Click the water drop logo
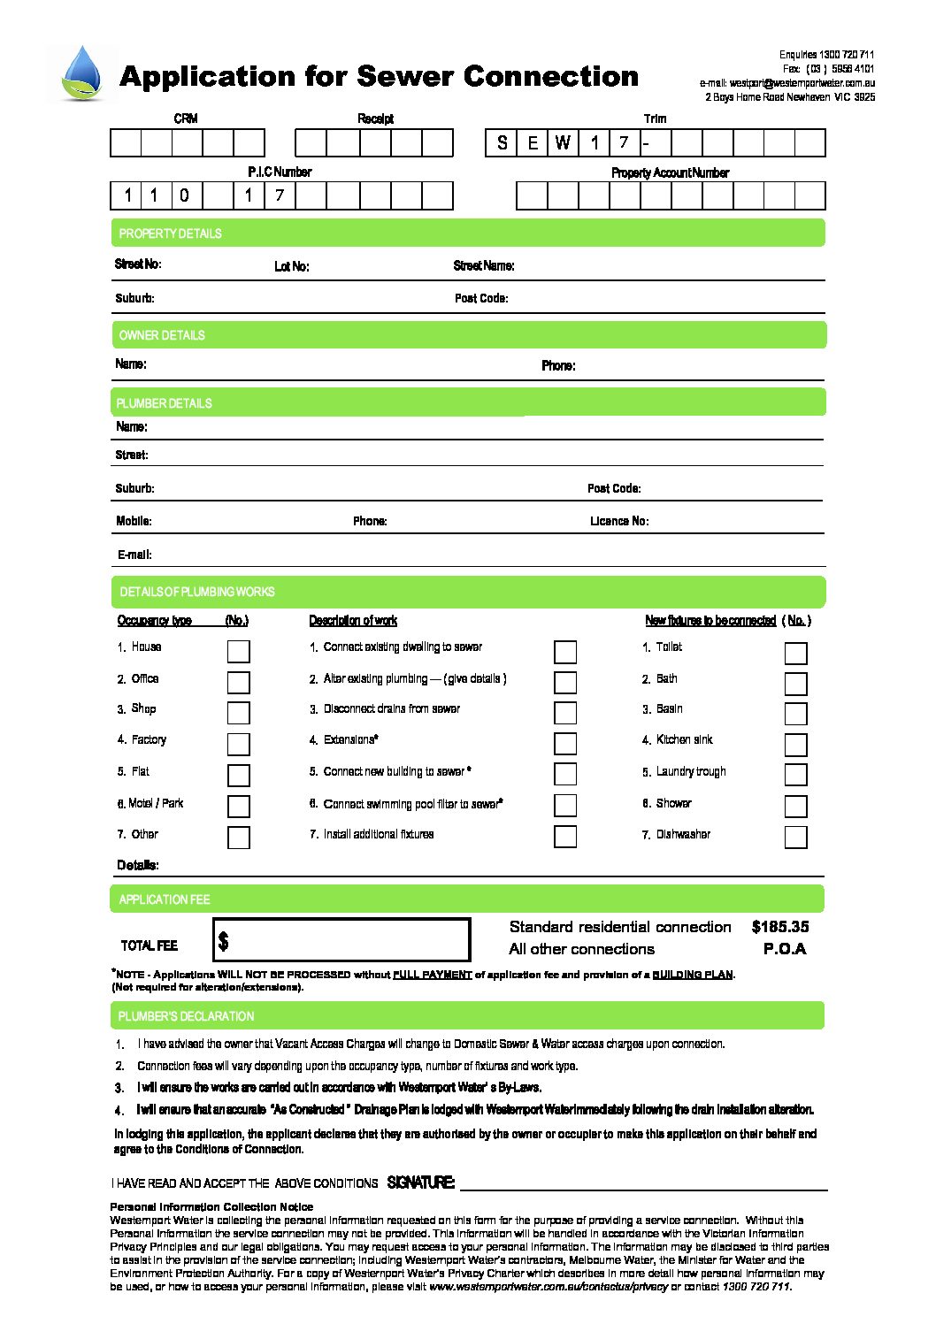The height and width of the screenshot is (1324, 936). [83, 74]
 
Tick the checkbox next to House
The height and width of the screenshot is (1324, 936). [239, 652]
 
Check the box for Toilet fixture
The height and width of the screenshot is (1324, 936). [795, 654]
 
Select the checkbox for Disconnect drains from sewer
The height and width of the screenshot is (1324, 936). [565, 713]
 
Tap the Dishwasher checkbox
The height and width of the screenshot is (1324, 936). [795, 837]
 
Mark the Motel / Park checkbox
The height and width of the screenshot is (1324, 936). [239, 807]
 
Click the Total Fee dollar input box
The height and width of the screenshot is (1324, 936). [341, 939]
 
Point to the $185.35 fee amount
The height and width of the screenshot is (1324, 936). [779, 927]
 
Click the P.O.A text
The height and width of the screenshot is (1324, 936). [785, 949]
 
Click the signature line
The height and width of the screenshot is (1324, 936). [643, 1185]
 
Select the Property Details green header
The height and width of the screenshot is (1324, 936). [467, 233]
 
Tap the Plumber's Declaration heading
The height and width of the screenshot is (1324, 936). [186, 1016]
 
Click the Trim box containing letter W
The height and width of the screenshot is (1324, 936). [563, 143]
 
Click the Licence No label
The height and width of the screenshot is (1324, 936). [619, 521]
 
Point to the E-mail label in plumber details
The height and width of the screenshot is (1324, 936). [134, 555]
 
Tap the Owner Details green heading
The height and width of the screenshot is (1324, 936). [467, 335]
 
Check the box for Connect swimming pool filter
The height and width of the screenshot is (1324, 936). [565, 806]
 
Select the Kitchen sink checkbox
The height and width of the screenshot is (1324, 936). [795, 744]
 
